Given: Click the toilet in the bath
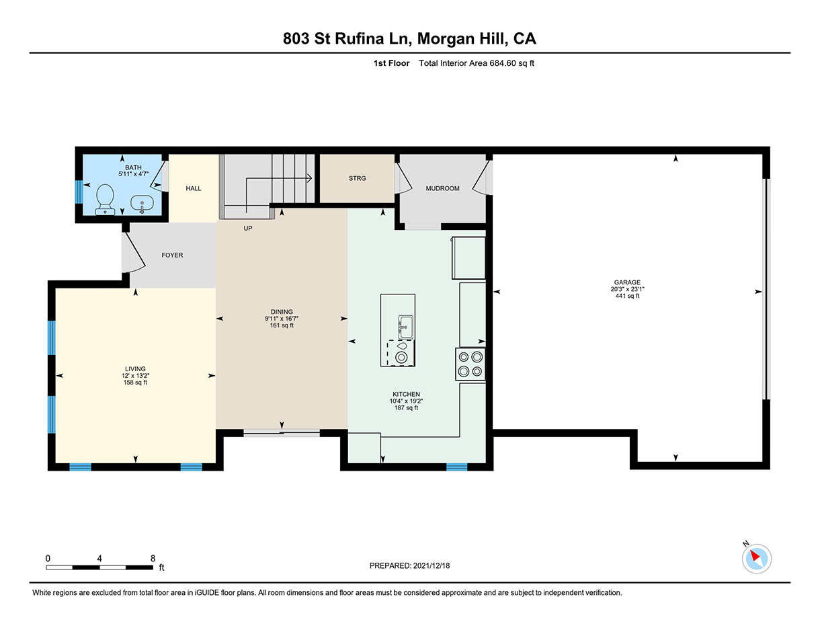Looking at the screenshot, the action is click(105, 200).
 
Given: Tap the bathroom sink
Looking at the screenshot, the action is click(142, 204).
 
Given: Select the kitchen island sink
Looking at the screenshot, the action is click(405, 327).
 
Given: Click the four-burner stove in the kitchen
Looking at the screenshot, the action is click(470, 364).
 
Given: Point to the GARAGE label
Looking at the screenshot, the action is click(627, 282).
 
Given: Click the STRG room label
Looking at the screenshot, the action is click(357, 178).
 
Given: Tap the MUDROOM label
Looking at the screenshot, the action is click(443, 188).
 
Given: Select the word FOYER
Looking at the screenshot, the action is click(172, 255).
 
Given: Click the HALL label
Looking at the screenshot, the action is click(193, 188).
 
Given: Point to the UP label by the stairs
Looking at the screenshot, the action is click(248, 229).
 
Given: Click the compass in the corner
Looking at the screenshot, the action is click(757, 559).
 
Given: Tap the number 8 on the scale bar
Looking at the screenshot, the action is click(153, 559).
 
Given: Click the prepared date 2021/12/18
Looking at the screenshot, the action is click(432, 565).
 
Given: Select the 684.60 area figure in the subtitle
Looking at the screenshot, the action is click(503, 63).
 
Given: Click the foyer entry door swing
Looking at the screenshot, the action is click(134, 253).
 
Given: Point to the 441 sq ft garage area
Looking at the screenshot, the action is click(627, 296).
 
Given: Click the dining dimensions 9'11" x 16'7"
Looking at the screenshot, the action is click(282, 319).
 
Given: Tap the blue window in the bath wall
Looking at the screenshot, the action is click(79, 192).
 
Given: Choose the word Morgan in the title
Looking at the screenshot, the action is click(446, 39).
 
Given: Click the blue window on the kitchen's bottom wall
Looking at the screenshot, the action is click(456, 467).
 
